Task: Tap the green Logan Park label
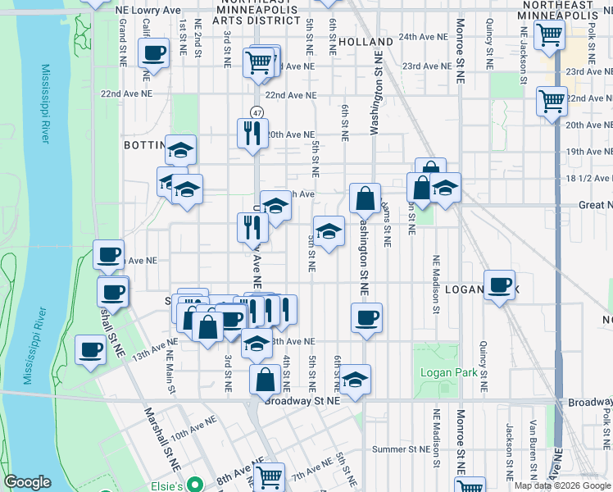coord(448,372)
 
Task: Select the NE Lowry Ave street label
coord(148,9)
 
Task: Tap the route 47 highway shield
coord(257,112)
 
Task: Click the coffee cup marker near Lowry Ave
coord(153,55)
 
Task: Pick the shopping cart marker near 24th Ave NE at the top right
coord(549,35)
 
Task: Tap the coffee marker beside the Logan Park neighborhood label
coord(499,285)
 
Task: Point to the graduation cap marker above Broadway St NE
coord(356,379)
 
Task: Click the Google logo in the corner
coord(26,482)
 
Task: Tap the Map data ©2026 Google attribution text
coord(562,485)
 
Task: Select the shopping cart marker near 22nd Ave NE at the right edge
coord(552,102)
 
